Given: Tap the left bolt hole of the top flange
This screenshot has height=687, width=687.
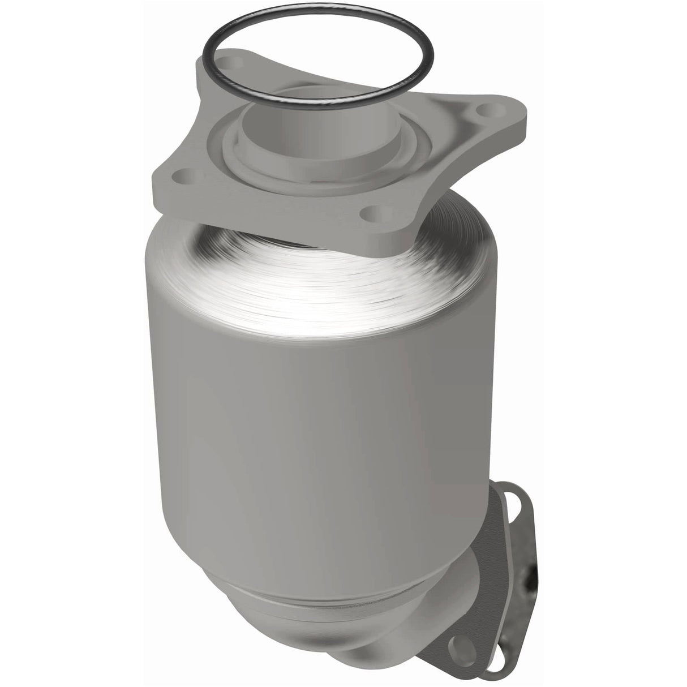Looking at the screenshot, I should click(182, 174).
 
